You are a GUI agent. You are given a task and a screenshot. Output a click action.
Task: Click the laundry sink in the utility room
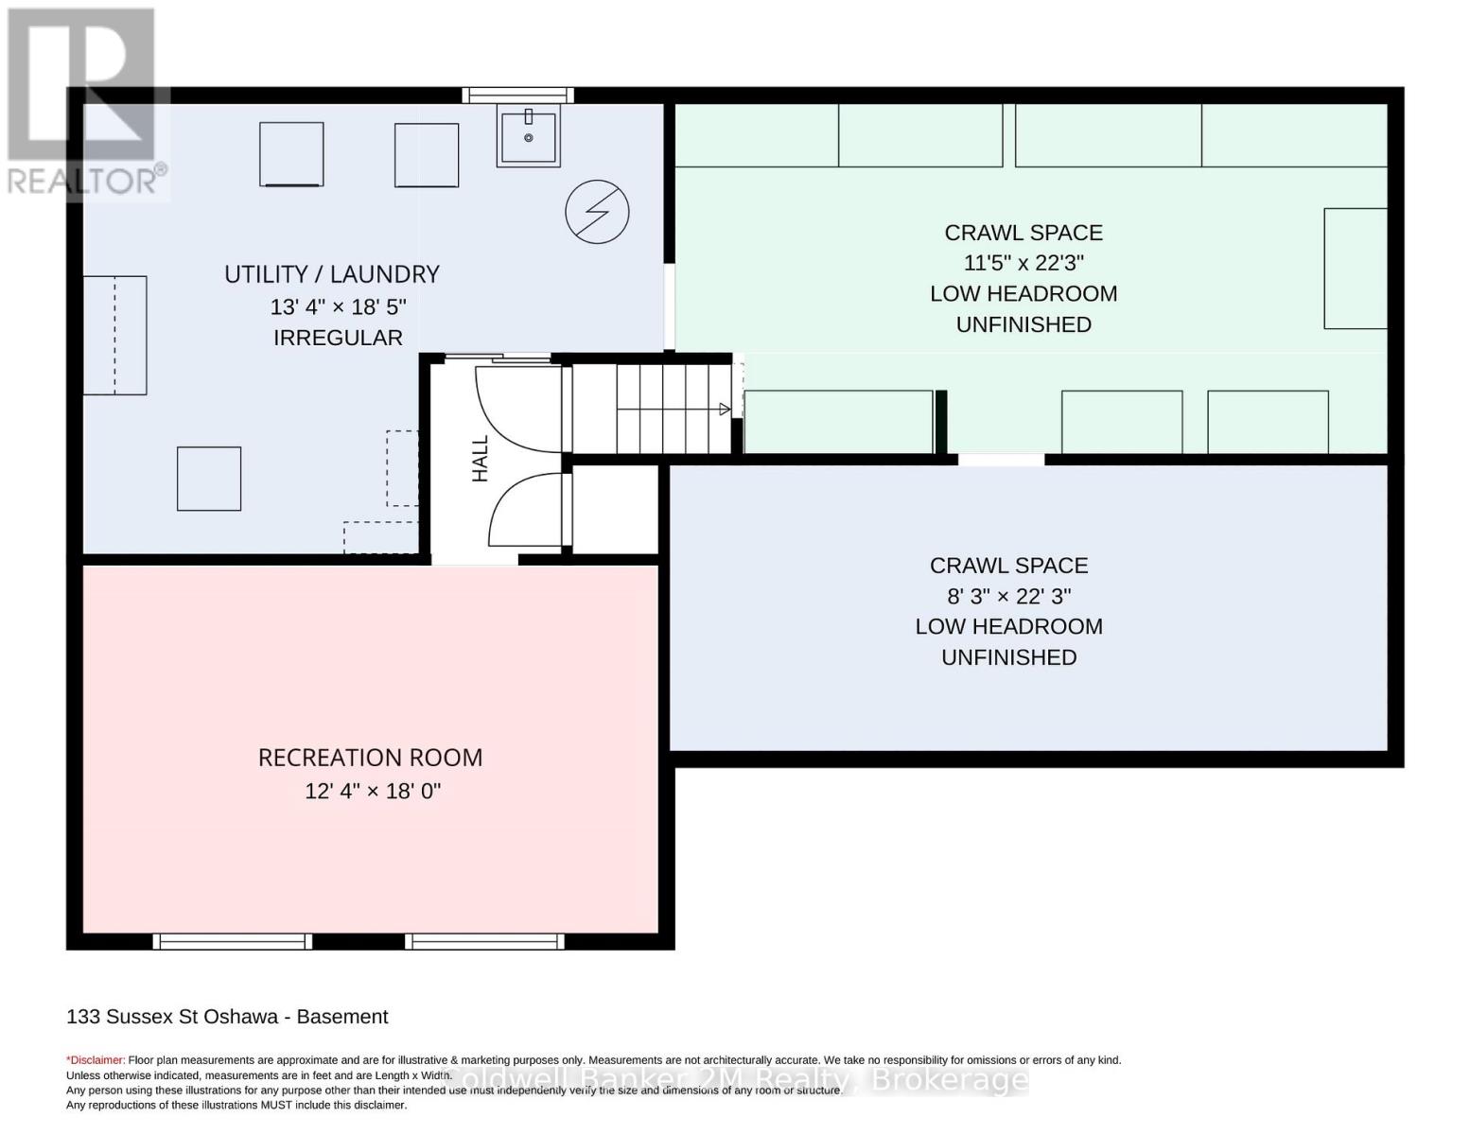point(528,135)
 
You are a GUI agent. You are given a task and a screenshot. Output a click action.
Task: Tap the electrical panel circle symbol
point(597,212)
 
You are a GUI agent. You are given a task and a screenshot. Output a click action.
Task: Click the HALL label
point(480,459)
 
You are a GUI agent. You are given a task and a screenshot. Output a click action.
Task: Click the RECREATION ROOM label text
point(370,758)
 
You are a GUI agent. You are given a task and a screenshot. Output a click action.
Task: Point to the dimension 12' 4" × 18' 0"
point(373,791)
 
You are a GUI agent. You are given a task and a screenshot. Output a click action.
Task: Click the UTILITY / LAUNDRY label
point(331,274)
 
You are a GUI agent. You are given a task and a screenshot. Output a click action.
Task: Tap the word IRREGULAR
point(338,338)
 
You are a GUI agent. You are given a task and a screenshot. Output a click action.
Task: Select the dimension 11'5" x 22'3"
point(1023,262)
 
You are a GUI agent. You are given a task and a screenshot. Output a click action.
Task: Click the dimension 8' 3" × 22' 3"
point(1008,596)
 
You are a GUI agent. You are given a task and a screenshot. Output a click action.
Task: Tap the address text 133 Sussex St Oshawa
point(172,1017)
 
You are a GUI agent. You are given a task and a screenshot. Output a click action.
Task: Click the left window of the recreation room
point(232,941)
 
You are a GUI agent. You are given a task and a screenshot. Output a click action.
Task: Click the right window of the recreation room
point(484,941)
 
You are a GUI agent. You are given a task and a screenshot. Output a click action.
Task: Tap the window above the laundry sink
point(517,96)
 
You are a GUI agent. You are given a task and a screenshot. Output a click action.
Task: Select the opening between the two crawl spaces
point(1001,460)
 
